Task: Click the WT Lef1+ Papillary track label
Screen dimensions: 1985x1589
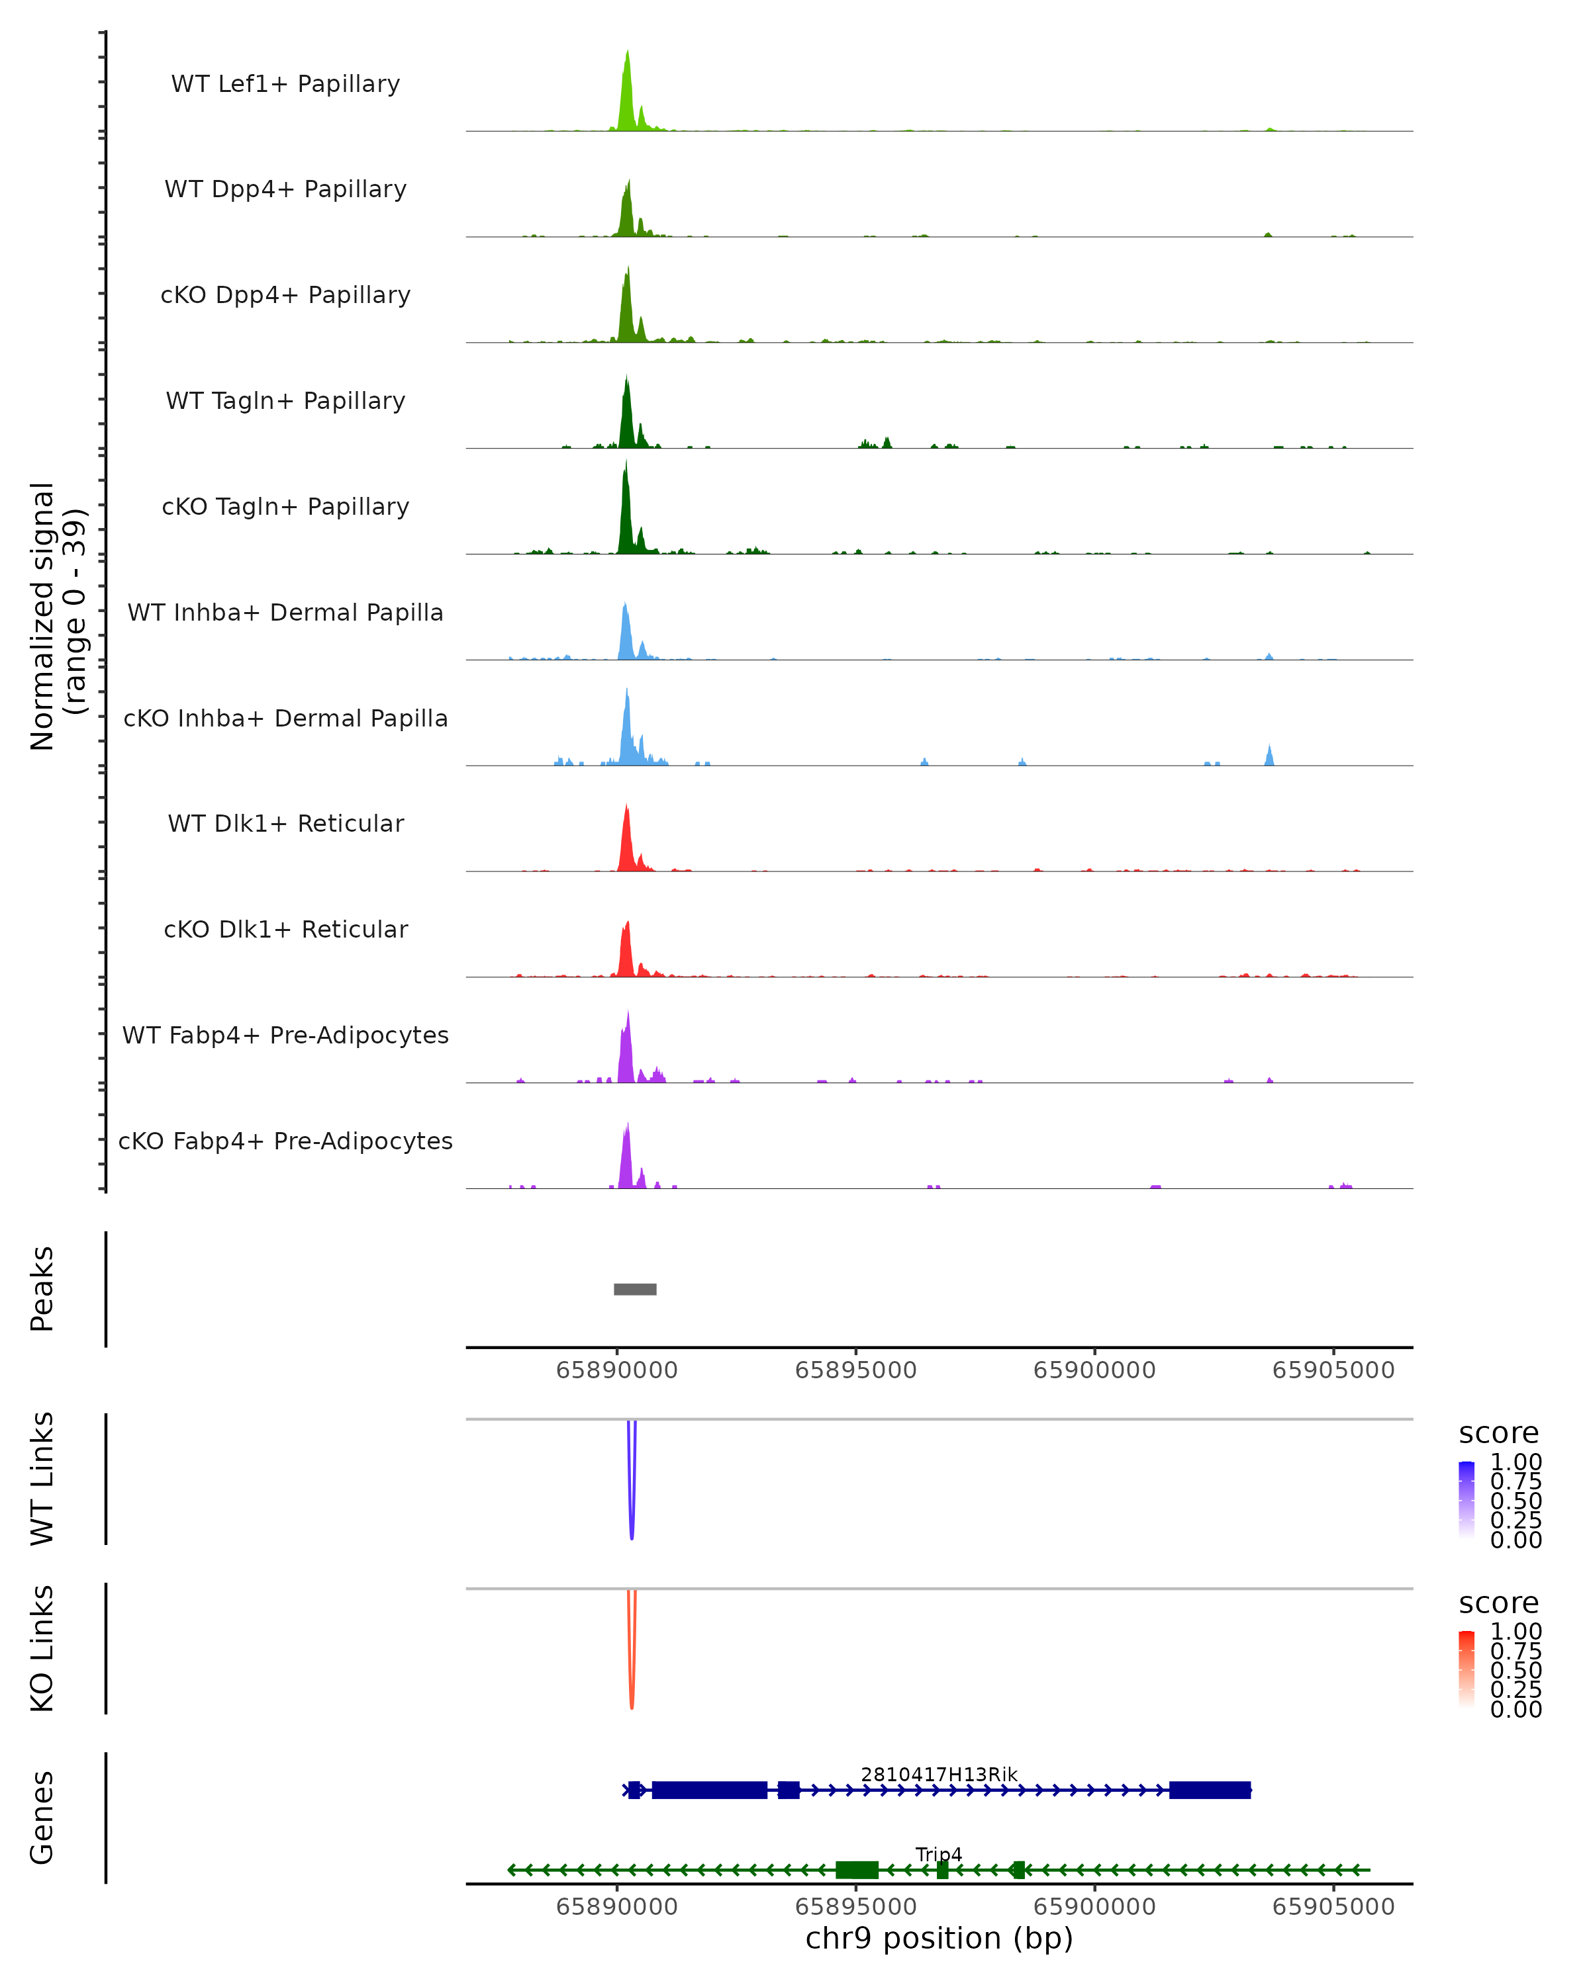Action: [285, 84]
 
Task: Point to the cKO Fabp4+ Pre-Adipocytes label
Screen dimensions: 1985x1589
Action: [285, 1141]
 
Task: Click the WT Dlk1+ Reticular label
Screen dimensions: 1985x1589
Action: [285, 823]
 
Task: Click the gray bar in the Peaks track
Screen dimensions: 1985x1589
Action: [635, 1289]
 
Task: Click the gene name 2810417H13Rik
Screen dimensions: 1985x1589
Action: [939, 1774]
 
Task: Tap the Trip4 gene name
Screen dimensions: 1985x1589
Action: [939, 1854]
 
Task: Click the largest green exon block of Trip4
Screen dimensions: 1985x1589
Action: [857, 1870]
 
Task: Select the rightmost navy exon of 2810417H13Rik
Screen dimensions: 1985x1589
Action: [1210, 1790]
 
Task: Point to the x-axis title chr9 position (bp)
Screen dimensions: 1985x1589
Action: [939, 1938]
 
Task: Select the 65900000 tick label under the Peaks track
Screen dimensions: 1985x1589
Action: [1094, 1370]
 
